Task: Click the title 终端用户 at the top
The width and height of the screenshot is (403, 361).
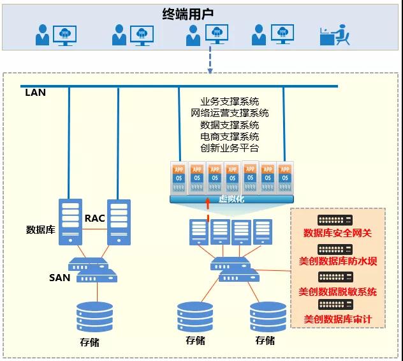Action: click(201, 14)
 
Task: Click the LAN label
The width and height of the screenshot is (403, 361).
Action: click(35, 92)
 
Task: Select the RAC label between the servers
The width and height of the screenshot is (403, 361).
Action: click(94, 219)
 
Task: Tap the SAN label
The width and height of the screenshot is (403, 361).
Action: click(59, 277)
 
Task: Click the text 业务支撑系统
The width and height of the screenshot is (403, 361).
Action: click(230, 102)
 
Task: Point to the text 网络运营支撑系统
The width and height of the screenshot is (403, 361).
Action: click(230, 113)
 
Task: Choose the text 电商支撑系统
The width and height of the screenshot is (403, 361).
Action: click(230, 136)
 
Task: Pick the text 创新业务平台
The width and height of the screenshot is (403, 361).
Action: click(230, 148)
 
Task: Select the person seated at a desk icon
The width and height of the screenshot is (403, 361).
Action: click(335, 35)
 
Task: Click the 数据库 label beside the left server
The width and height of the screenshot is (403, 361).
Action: click(39, 229)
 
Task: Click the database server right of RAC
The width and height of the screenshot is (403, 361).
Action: click(119, 222)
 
